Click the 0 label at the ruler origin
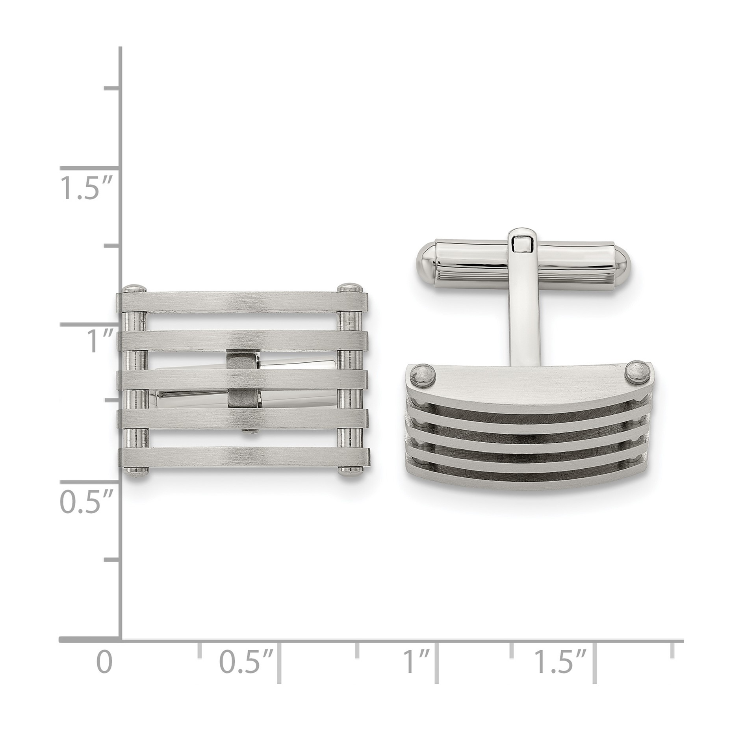(x=104, y=662)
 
